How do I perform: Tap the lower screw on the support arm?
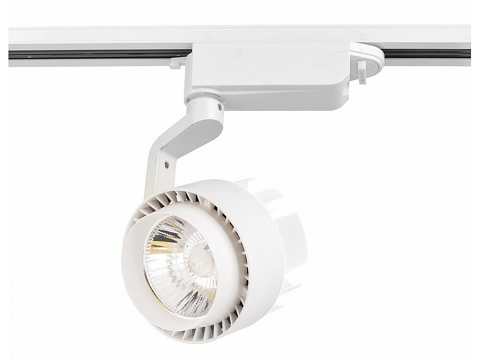[x=168, y=165]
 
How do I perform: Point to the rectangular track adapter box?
[x=267, y=75]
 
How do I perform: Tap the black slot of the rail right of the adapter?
[x=427, y=54]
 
